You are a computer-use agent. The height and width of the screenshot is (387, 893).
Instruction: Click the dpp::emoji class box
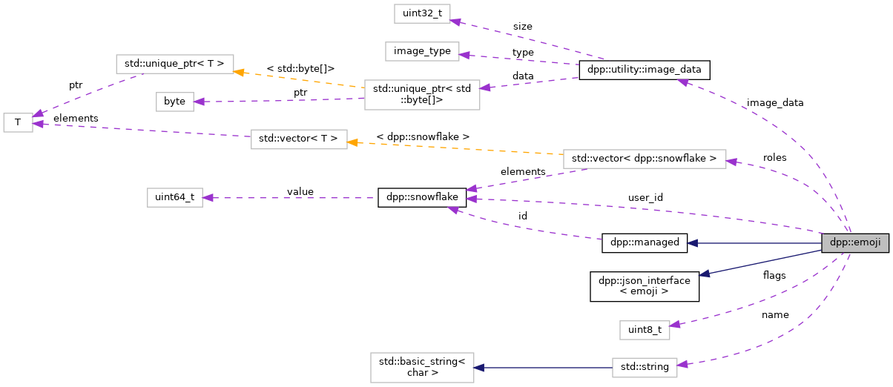pyautogui.click(x=854, y=242)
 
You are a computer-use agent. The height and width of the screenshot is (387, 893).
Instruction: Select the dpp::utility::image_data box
pyautogui.click(x=645, y=70)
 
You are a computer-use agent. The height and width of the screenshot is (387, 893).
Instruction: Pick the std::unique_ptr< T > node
pyautogui.click(x=175, y=64)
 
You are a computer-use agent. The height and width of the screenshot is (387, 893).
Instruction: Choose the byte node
pyautogui.click(x=174, y=102)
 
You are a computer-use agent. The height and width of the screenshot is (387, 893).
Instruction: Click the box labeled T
pyautogui.click(x=18, y=122)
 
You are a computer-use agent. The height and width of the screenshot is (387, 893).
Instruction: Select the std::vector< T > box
pyautogui.click(x=299, y=139)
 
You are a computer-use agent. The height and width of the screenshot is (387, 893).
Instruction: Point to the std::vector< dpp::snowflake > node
pyautogui.click(x=644, y=158)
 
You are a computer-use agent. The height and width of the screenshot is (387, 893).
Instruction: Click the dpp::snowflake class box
pyautogui.click(x=422, y=197)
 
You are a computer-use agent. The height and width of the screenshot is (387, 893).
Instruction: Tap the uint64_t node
pyautogui.click(x=174, y=197)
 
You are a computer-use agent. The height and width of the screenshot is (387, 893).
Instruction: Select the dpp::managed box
pyautogui.click(x=645, y=242)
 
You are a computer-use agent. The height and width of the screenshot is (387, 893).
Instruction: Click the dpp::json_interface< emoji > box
pyautogui.click(x=645, y=286)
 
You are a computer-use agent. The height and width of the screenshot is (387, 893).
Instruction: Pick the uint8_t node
pyautogui.click(x=644, y=330)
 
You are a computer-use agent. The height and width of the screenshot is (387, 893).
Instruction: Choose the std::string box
pyautogui.click(x=645, y=366)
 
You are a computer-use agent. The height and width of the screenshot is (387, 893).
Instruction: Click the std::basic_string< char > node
pyautogui.click(x=421, y=367)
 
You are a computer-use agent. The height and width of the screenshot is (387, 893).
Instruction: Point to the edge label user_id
pyautogui.click(x=645, y=198)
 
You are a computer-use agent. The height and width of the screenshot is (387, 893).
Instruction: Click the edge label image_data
pyautogui.click(x=774, y=103)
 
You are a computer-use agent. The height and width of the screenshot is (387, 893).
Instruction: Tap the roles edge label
pyautogui.click(x=774, y=157)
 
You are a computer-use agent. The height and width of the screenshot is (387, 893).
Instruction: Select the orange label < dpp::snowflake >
pyautogui.click(x=423, y=136)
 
